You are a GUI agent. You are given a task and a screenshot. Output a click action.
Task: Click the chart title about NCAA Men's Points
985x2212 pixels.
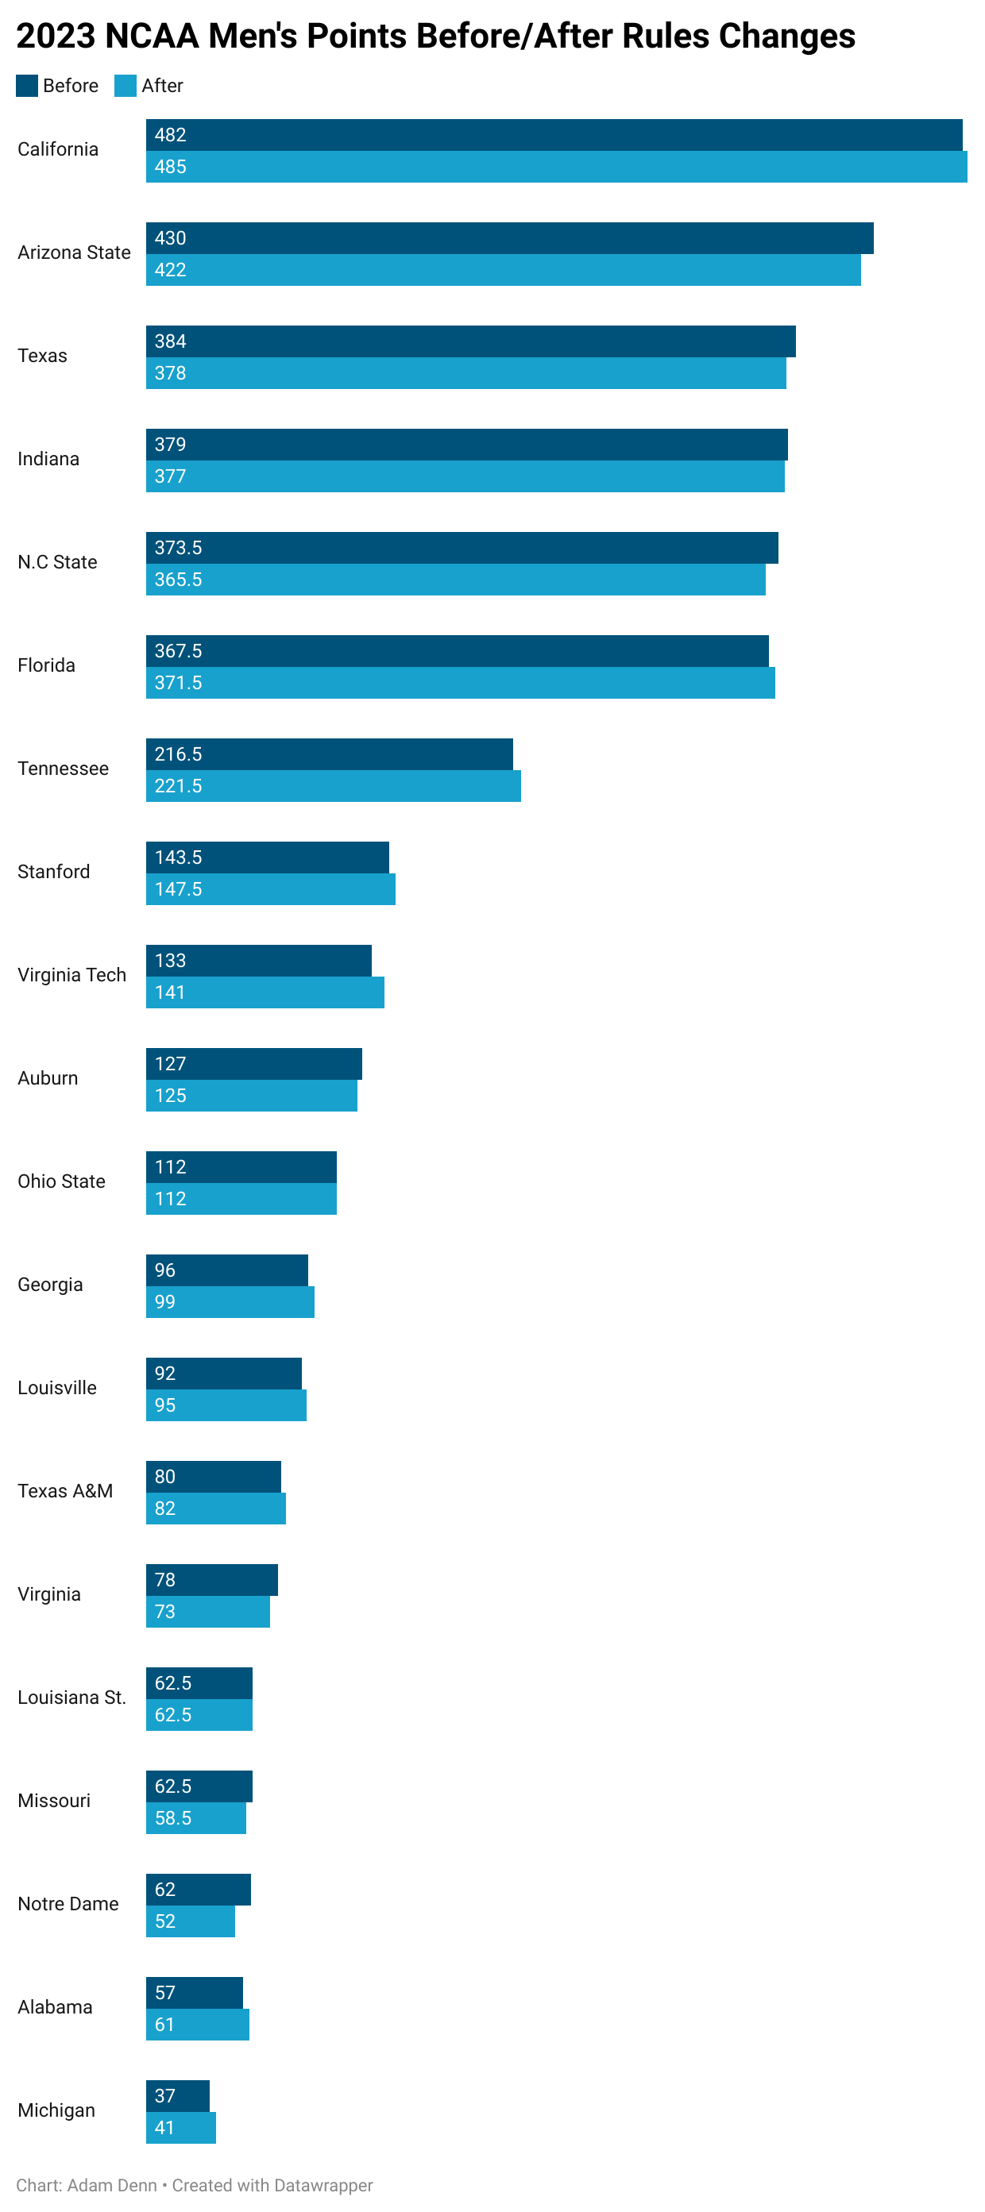pyautogui.click(x=435, y=36)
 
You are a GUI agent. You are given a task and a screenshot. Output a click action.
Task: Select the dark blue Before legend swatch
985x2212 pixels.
pyautogui.click(x=27, y=86)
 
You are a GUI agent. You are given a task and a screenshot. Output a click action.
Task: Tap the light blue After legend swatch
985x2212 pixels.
pyautogui.click(x=126, y=86)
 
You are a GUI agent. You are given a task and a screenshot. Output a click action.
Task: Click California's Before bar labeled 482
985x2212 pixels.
pyautogui.click(x=554, y=135)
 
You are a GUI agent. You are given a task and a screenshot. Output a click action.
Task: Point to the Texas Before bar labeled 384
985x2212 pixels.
pyautogui.click(x=470, y=341)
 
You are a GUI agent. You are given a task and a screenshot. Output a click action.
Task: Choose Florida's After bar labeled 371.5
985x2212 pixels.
pyautogui.click(x=460, y=683)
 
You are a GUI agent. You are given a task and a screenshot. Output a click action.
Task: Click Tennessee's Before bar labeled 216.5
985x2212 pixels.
pyautogui.click(x=329, y=754)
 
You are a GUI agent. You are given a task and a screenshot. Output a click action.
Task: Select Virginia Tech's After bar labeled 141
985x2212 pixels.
pyautogui.click(x=265, y=992)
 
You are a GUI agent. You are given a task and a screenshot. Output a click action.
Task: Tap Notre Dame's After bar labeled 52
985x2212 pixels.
pyautogui.click(x=190, y=1921)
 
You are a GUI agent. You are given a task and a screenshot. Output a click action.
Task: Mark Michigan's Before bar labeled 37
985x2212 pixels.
pyautogui.click(x=178, y=2095)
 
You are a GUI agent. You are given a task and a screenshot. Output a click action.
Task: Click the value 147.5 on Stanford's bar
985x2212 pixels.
pyautogui.click(x=178, y=888)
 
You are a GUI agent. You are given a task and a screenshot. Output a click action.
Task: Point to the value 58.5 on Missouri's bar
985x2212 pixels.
pyautogui.click(x=172, y=1818)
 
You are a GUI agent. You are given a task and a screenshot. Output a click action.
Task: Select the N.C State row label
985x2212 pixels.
pyautogui.click(x=57, y=561)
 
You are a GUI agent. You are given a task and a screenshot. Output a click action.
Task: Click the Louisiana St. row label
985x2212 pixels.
pyautogui.click(x=71, y=1697)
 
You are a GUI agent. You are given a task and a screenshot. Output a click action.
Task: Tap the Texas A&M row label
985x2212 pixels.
pyautogui.click(x=65, y=1491)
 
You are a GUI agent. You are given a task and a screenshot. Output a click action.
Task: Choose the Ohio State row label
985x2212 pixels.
pyautogui.click(x=61, y=1181)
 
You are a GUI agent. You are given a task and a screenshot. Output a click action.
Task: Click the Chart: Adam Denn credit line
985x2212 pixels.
pyautogui.click(x=194, y=2184)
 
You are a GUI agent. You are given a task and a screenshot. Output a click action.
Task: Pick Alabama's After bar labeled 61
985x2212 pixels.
pyautogui.click(x=198, y=2024)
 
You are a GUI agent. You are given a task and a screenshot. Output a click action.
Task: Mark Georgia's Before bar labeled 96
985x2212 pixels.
pyautogui.click(x=226, y=1270)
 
